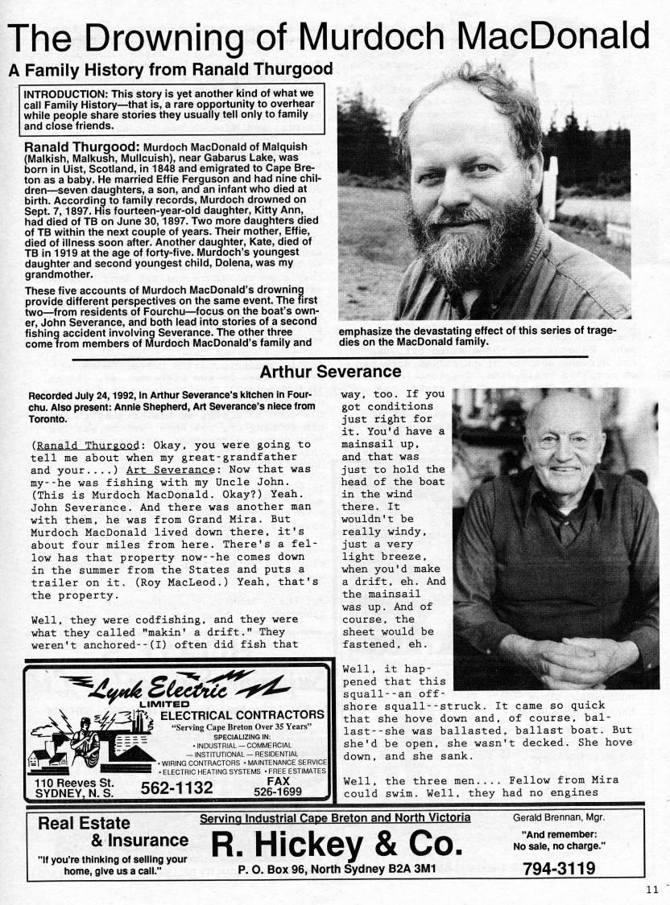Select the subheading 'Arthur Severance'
pos(330,372)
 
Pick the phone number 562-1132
pos(176,788)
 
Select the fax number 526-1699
pos(285,792)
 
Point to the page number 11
pos(651,889)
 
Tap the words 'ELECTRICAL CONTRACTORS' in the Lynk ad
pos(242,714)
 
